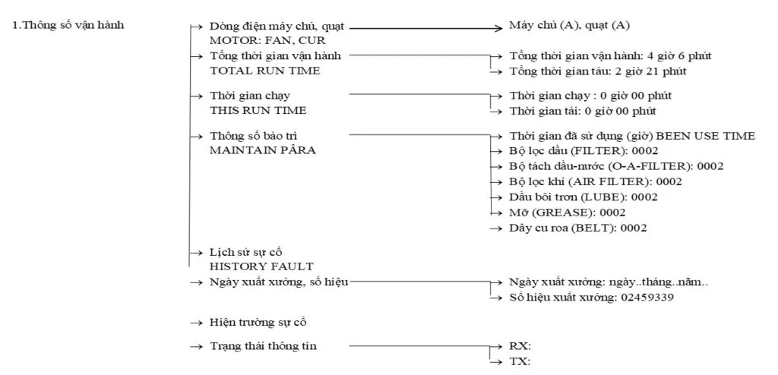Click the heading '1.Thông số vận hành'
[69, 26]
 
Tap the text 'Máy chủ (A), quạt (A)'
[569, 26]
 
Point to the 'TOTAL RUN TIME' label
[264, 70]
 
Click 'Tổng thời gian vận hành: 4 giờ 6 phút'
[610, 56]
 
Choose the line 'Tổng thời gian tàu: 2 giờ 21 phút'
[598, 71]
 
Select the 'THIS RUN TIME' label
[258, 110]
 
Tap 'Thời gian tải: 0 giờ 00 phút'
[582, 110]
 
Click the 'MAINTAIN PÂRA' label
[262, 150]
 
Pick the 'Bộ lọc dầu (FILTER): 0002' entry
[572, 151]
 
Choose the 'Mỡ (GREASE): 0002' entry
[567, 212]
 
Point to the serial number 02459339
[645, 297]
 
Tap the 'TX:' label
[520, 361]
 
